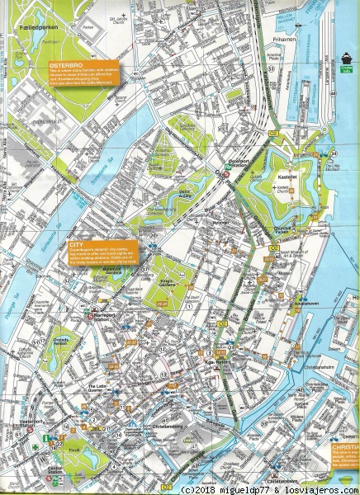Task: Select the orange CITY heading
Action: point(79,245)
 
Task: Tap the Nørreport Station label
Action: point(109,315)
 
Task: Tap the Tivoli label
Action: point(75,450)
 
